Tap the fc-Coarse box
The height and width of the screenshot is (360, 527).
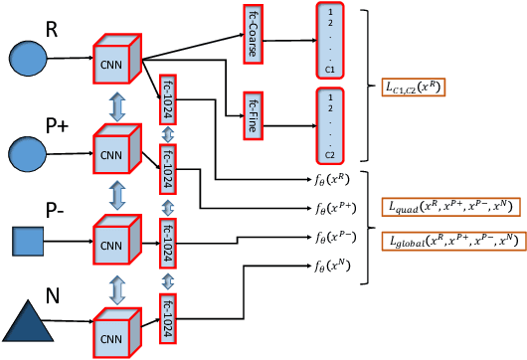click(251, 35)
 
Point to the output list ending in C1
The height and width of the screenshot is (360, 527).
click(328, 42)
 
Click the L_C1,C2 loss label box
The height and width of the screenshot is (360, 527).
click(412, 88)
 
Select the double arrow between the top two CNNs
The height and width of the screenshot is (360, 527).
click(117, 106)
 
